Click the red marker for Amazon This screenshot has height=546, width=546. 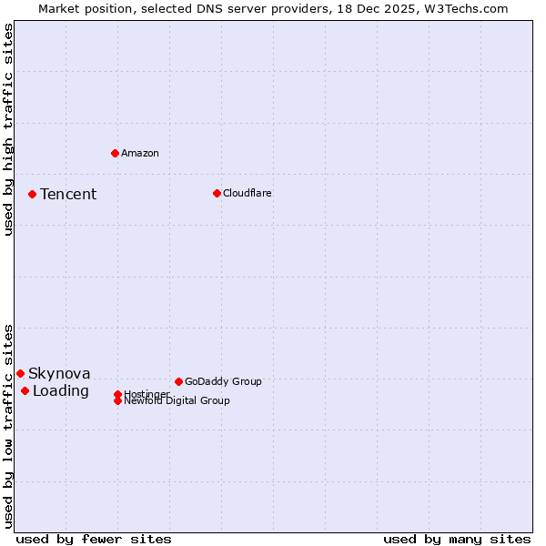click(x=115, y=153)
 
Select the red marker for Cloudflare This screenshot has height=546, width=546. click(x=217, y=193)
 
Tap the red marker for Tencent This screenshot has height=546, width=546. click(x=32, y=194)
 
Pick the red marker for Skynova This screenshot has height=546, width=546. click(x=20, y=373)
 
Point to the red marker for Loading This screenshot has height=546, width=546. click(x=25, y=390)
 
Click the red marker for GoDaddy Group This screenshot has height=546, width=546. click(x=178, y=381)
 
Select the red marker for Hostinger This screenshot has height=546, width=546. click(x=117, y=394)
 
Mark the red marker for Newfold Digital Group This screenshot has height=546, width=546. click(x=117, y=400)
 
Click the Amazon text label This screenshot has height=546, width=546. click(x=140, y=153)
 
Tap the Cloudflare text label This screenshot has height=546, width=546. click(x=248, y=193)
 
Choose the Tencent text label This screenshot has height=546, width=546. click(x=68, y=194)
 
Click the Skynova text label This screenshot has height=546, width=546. click(x=59, y=373)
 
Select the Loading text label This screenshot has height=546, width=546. click(x=61, y=390)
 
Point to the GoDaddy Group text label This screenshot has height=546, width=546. click(x=223, y=381)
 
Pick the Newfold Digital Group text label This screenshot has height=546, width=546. click(x=177, y=400)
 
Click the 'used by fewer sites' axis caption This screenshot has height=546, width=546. click(x=94, y=539)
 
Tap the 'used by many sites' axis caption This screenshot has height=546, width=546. click(x=457, y=539)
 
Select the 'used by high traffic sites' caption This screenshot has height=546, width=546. click(x=8, y=129)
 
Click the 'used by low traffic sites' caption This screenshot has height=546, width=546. click(x=8, y=426)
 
